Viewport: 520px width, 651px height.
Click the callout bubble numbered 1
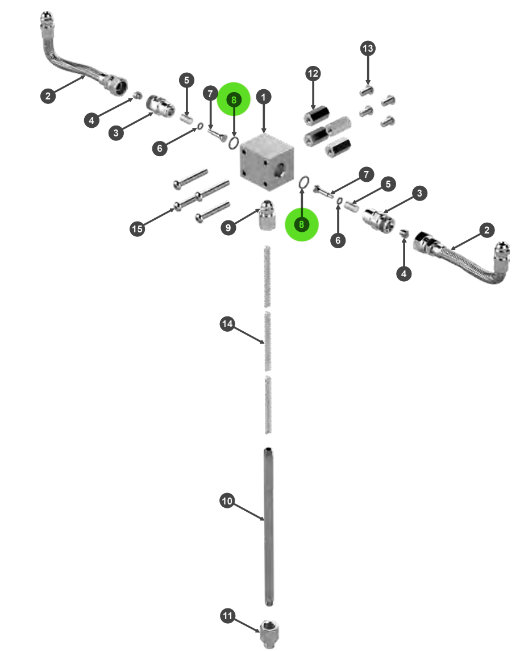click(263, 97)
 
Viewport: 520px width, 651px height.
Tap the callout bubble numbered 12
click(313, 73)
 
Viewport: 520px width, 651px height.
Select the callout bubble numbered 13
click(368, 49)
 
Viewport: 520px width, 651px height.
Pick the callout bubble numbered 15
click(137, 229)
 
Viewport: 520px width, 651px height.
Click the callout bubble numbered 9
click(228, 228)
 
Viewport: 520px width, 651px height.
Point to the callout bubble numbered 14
click(227, 324)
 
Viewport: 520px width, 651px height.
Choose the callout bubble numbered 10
click(227, 501)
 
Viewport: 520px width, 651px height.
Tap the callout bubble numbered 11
click(227, 616)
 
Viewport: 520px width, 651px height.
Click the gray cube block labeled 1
click(267, 162)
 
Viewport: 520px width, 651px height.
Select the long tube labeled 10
click(269, 527)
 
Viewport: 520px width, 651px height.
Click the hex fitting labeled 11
click(269, 633)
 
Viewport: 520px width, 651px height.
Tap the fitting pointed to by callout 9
click(267, 215)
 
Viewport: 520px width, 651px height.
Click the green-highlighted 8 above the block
click(234, 99)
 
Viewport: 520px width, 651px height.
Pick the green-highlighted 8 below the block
click(302, 224)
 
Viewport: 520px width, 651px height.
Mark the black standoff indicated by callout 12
click(316, 116)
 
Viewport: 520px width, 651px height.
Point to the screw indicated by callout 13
click(367, 90)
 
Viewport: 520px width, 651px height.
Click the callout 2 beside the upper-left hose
click(48, 96)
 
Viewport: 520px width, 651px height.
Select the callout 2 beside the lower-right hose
click(487, 230)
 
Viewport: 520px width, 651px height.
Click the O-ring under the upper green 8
click(234, 143)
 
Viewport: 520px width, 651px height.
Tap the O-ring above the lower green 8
click(304, 182)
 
